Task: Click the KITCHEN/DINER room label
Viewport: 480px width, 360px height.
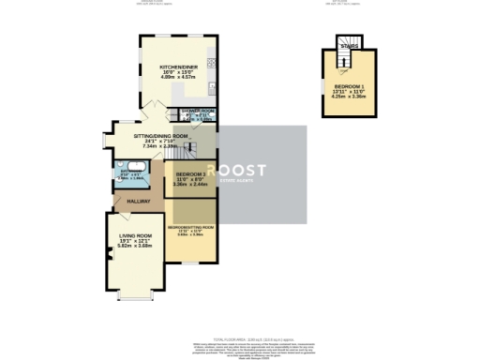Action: click(177, 67)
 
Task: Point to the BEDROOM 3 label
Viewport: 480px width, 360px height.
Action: click(190, 174)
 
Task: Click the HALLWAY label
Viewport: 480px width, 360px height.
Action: click(127, 201)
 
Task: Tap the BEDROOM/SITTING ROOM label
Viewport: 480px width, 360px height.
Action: click(190, 227)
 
